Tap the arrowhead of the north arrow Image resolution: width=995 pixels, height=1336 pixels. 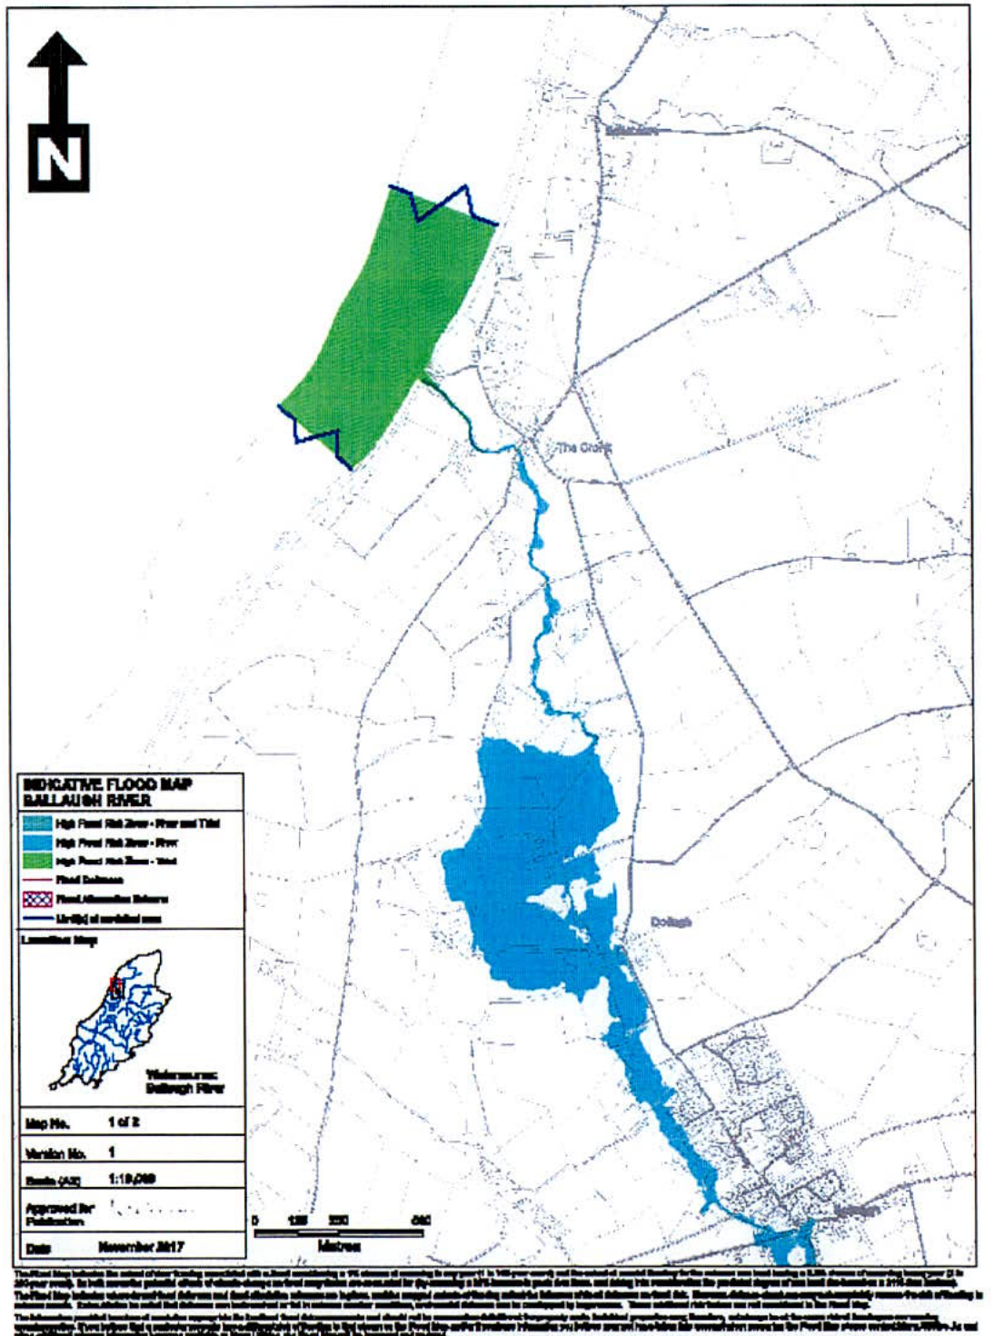(57, 51)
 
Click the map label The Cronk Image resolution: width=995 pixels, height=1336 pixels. (583, 447)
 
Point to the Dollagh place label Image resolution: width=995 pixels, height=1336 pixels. (671, 922)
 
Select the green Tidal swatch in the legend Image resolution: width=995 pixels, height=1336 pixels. (37, 861)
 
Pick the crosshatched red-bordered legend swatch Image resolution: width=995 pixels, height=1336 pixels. (37, 899)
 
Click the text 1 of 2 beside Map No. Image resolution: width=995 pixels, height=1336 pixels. (124, 1122)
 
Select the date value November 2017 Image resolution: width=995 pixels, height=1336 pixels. (140, 1247)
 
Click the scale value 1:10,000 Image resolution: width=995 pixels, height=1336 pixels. (131, 1179)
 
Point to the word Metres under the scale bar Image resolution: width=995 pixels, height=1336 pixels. (339, 1246)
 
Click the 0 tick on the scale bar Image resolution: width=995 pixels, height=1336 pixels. (255, 1221)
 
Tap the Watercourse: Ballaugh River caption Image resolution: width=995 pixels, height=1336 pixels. (184, 1082)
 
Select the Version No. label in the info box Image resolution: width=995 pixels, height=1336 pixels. (55, 1153)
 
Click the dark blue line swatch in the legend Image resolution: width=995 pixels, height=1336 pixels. (37, 918)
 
